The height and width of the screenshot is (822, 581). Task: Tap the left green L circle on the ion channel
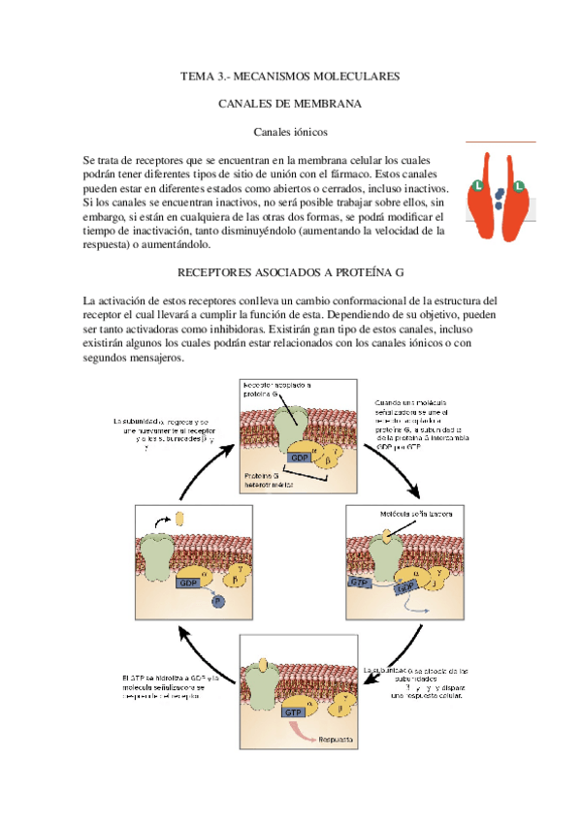pyautogui.click(x=478, y=184)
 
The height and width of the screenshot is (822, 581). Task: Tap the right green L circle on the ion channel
pyautogui.click(x=518, y=184)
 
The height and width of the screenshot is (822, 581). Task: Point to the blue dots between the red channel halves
pyautogui.click(x=498, y=198)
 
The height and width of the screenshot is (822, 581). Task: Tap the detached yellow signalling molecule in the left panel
pyautogui.click(x=179, y=520)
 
